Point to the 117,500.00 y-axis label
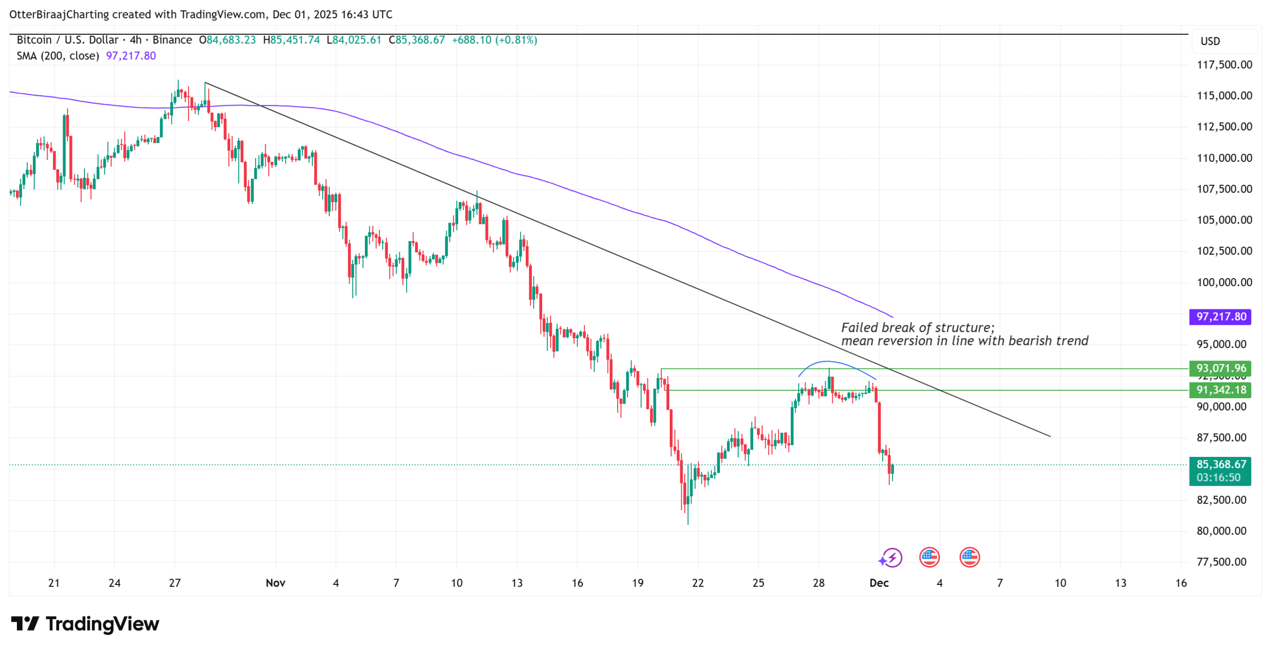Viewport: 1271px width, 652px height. click(x=1224, y=65)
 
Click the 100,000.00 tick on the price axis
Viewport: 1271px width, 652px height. click(x=1224, y=282)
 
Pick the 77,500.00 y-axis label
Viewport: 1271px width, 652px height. click(x=1224, y=562)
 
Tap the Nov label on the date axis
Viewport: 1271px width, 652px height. click(x=275, y=583)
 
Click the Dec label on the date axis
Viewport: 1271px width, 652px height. click(x=878, y=583)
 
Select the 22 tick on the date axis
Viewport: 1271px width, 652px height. click(x=698, y=583)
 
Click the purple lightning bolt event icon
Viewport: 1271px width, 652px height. click(x=892, y=557)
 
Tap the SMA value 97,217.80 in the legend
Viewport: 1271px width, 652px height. click(x=131, y=56)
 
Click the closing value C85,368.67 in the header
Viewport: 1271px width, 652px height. click(x=417, y=40)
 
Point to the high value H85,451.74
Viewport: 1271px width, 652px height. click(x=291, y=40)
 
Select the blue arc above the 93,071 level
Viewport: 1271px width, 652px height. click(x=827, y=362)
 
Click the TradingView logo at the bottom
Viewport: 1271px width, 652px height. click(x=85, y=624)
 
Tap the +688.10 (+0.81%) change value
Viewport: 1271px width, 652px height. click(x=494, y=40)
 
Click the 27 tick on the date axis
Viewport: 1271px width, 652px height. click(x=175, y=583)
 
